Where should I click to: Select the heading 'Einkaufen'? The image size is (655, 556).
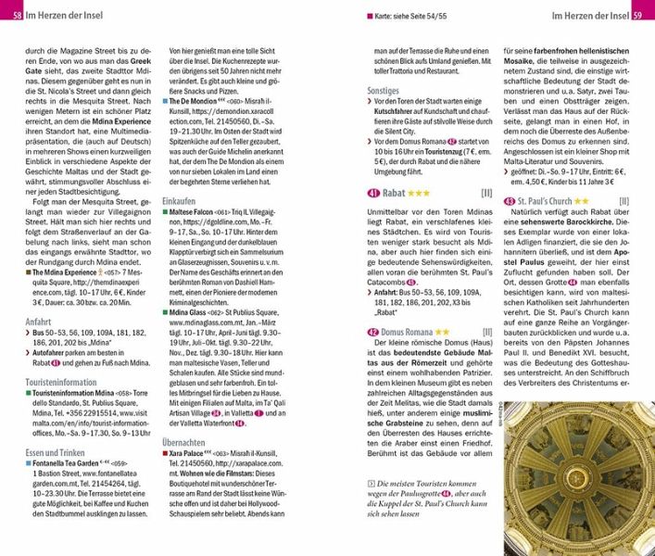pos(179,200)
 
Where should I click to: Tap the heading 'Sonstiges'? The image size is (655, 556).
pos(383,92)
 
